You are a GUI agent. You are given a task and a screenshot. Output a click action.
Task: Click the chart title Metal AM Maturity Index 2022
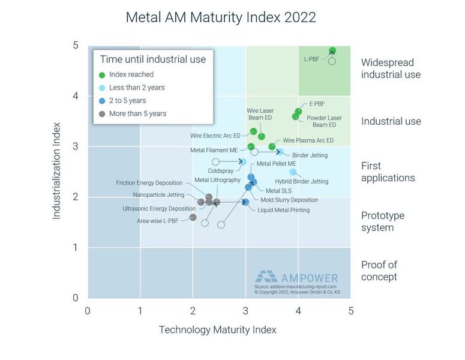pyautogui.click(x=220, y=17)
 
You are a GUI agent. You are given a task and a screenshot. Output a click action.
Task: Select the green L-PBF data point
pyautogui.click(x=332, y=51)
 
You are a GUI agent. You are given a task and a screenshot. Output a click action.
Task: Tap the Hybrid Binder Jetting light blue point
pyautogui.click(x=293, y=172)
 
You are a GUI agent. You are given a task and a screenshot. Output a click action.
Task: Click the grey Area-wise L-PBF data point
pyautogui.click(x=193, y=217)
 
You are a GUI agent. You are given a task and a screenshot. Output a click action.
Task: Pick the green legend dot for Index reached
pyautogui.click(x=102, y=75)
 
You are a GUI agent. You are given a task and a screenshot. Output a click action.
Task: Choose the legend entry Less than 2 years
pyautogui.click(x=137, y=88)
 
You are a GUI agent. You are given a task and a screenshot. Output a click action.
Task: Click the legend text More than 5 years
pyautogui.click(x=137, y=113)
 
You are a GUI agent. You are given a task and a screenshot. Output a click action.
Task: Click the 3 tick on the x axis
pyautogui.click(x=245, y=310)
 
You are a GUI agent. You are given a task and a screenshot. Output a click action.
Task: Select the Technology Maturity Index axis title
pyautogui.click(x=217, y=329)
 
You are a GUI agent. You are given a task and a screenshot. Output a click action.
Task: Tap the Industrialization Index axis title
pyautogui.click(x=57, y=172)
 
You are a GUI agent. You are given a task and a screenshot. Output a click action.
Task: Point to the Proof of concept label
pyautogui.click(x=379, y=271)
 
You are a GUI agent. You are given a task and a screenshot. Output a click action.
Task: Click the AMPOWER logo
pyautogui.click(x=296, y=278)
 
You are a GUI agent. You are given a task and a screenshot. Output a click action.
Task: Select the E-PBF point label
pyautogui.click(x=317, y=104)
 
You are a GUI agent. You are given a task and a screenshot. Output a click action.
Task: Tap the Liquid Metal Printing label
pyautogui.click(x=283, y=210)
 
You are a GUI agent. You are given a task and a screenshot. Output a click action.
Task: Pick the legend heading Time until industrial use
pyautogui.click(x=152, y=59)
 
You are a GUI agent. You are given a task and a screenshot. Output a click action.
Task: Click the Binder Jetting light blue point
pyautogui.click(x=280, y=152)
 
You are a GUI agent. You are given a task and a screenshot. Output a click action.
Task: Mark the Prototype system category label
pyautogui.click(x=383, y=221)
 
